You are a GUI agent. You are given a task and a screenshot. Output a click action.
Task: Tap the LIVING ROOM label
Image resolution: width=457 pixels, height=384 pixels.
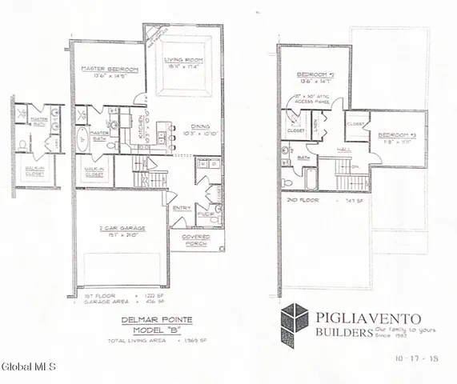point(182,60)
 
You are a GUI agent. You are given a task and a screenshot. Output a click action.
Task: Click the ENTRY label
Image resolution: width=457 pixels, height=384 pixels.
point(182,209)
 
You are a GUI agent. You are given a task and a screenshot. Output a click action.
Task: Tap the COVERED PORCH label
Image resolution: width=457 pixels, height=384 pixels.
point(195,240)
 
